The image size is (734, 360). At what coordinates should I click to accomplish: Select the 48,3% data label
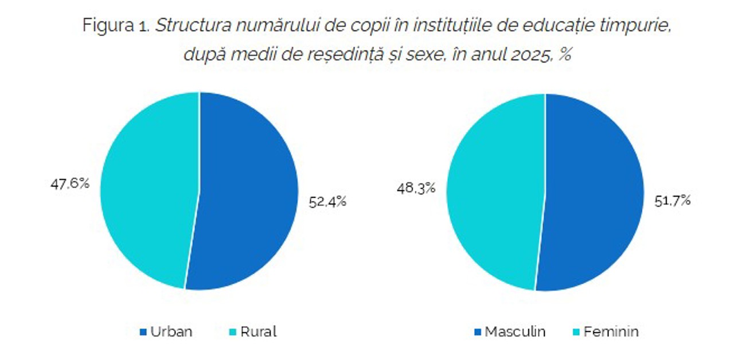click(x=416, y=187)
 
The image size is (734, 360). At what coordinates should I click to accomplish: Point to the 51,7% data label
click(x=672, y=201)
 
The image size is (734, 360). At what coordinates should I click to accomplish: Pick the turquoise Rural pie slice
click(x=149, y=189)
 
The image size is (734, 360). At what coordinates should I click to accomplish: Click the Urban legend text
click(x=171, y=332)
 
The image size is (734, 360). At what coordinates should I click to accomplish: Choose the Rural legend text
click(x=258, y=332)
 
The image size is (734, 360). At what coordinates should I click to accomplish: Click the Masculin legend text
click(x=515, y=332)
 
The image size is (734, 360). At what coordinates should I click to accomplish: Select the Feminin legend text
click(x=611, y=332)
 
